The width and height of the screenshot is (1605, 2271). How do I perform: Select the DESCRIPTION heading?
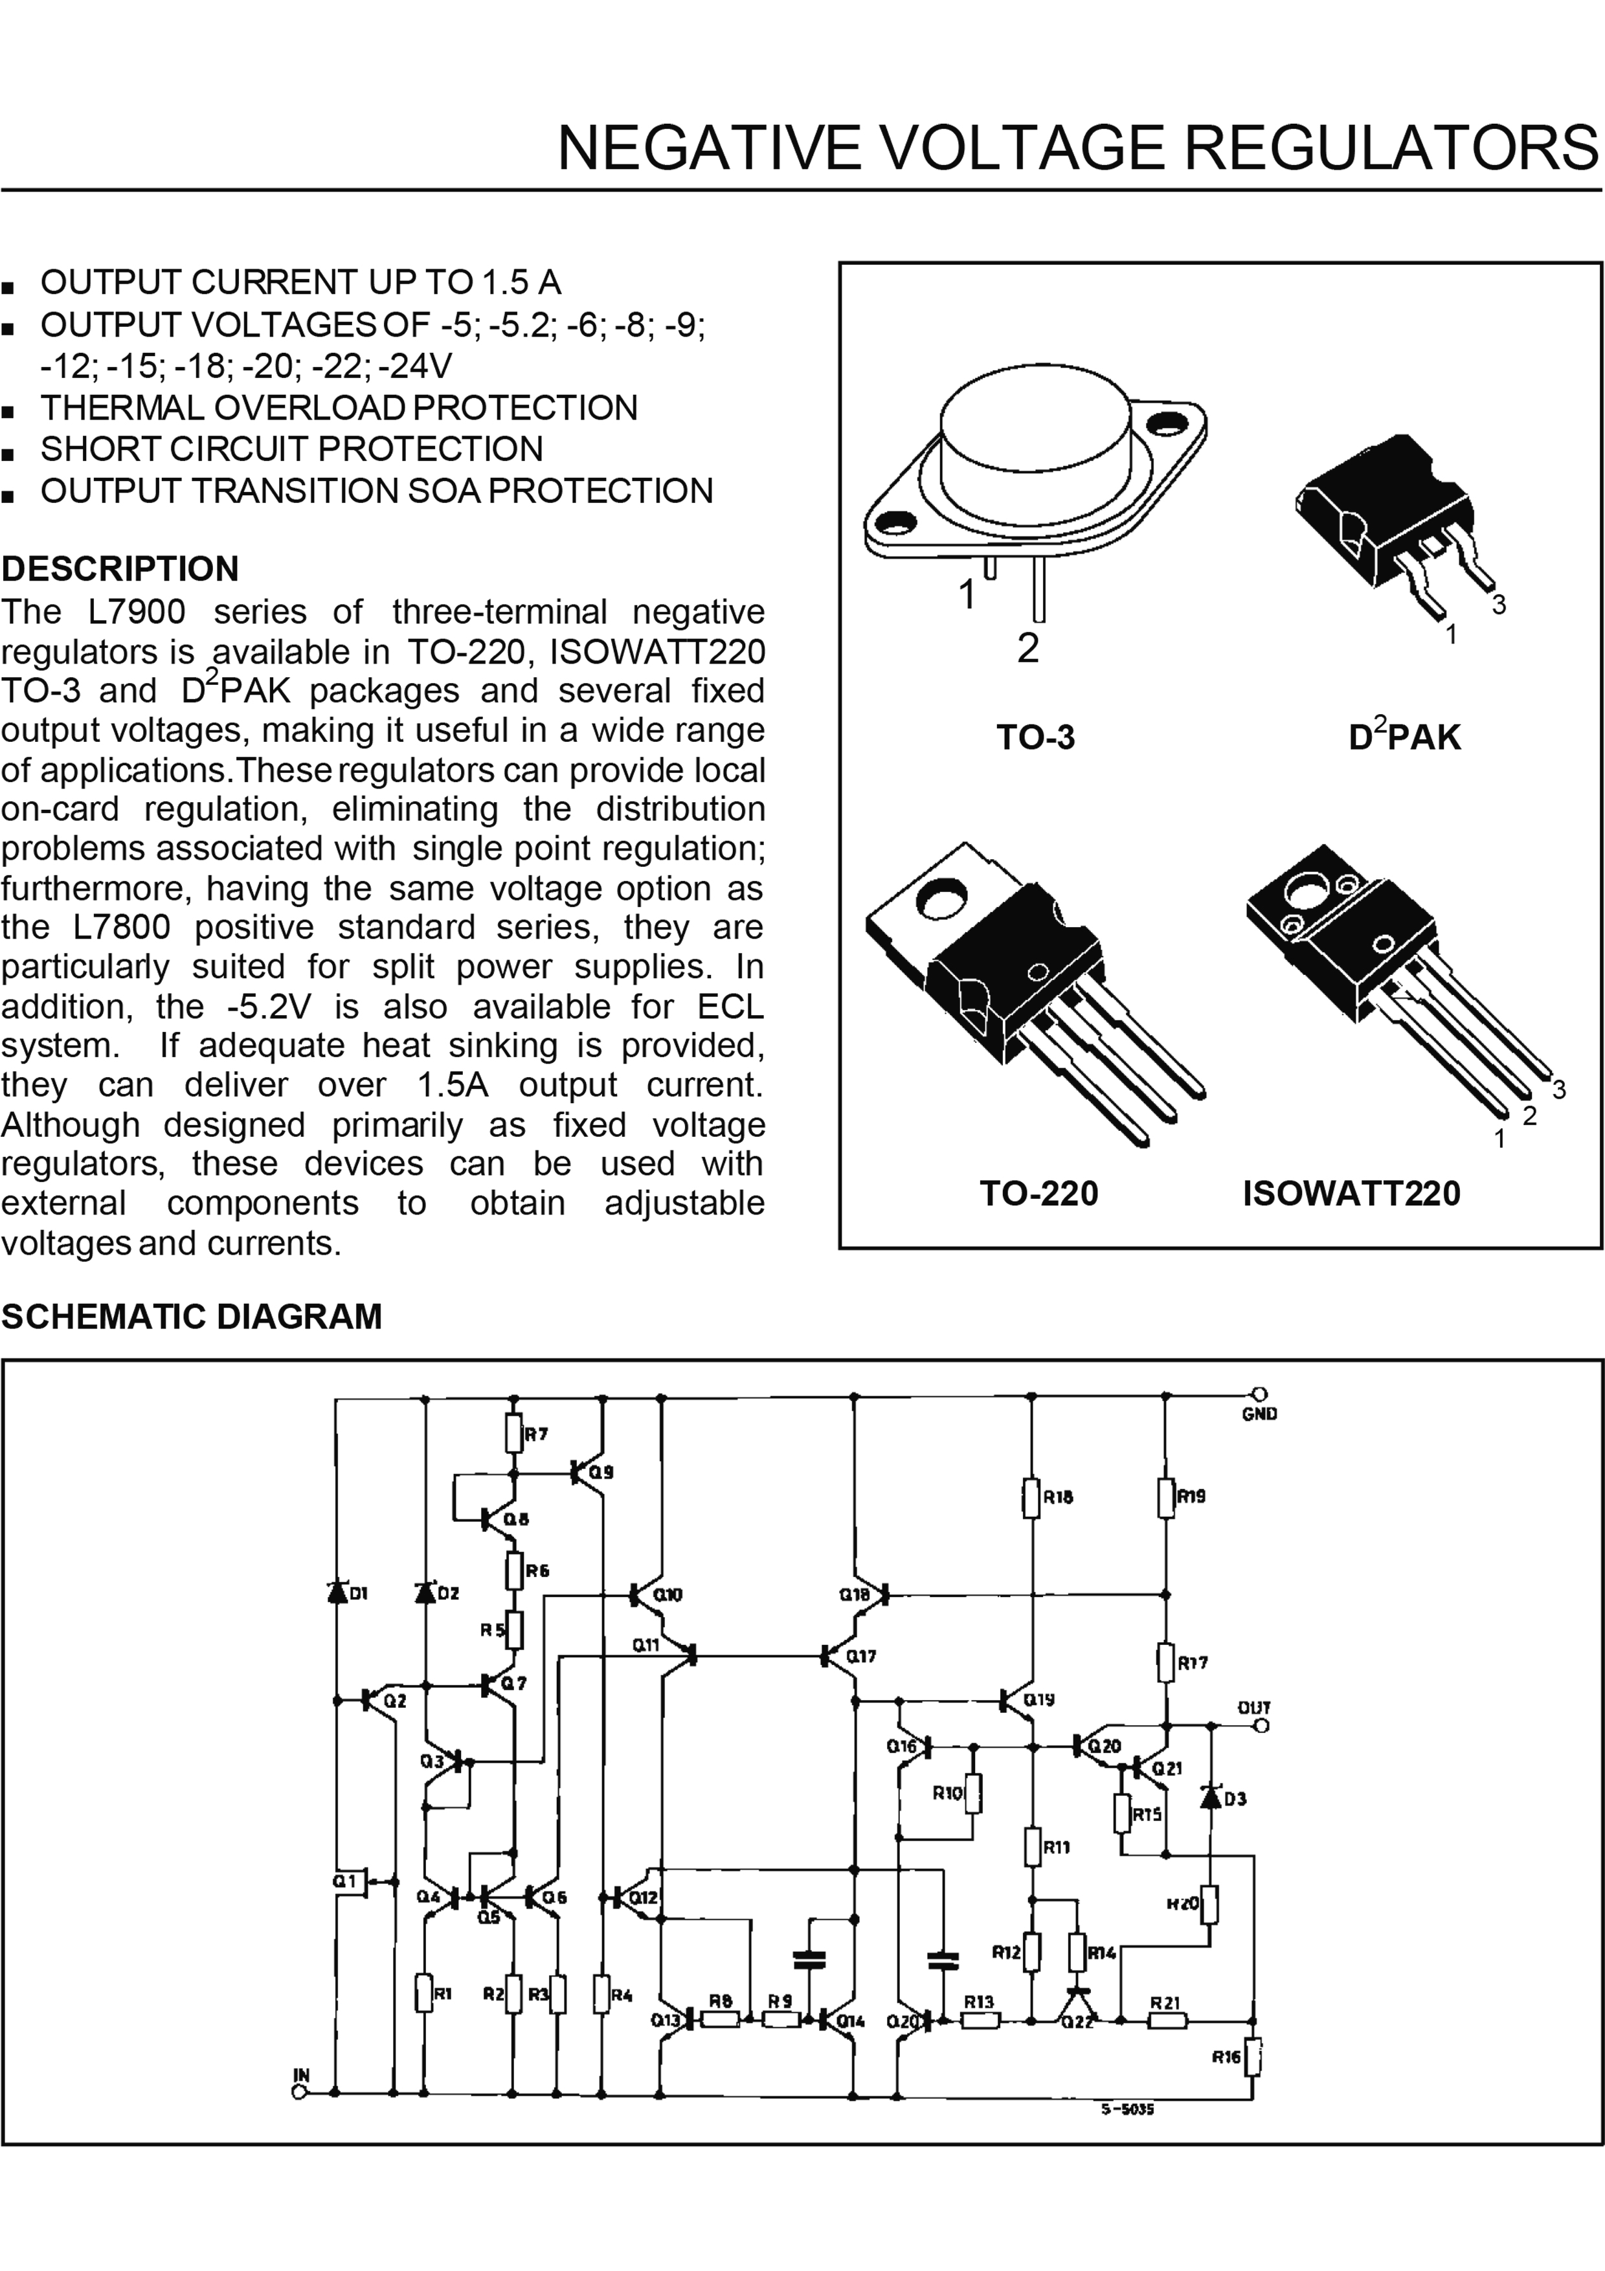[120, 569]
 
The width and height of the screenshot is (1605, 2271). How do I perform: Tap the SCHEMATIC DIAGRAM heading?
[191, 1317]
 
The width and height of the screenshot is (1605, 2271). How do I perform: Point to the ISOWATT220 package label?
[1351, 1193]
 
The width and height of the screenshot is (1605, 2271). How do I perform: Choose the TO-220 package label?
[1038, 1193]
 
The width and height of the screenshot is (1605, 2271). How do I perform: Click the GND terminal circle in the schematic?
[1260, 1394]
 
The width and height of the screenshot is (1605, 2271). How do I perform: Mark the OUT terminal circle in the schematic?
[1261, 1725]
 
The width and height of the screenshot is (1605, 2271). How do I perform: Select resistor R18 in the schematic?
[1031, 1497]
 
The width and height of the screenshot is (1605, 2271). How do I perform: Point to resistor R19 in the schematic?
[1166, 1497]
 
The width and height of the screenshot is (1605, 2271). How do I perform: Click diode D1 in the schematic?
[336, 1593]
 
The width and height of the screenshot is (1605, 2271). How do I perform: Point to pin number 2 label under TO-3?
[1027, 649]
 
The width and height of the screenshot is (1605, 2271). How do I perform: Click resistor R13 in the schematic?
[979, 2020]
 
